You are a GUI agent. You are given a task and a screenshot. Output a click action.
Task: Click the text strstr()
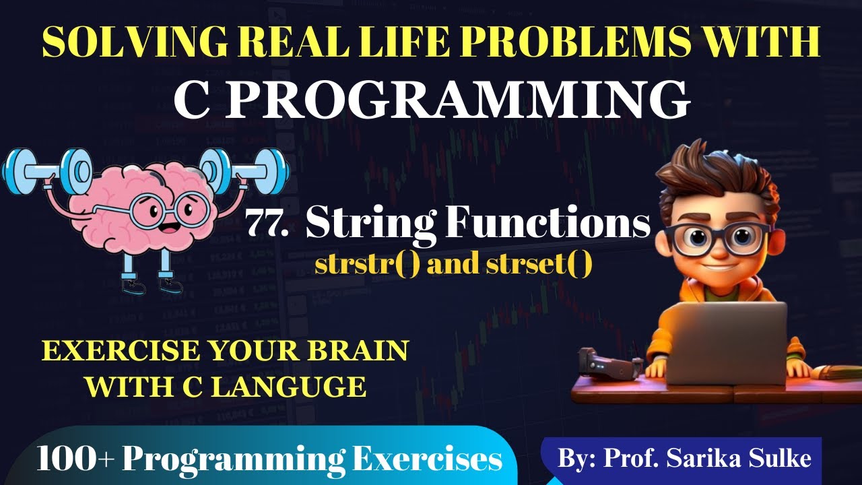click(x=368, y=265)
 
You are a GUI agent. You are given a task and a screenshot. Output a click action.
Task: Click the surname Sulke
click(x=784, y=458)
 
